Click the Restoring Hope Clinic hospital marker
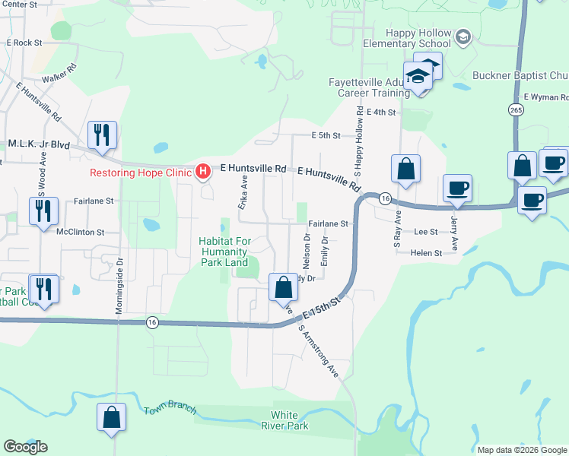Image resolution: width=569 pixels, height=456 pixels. click(x=202, y=172)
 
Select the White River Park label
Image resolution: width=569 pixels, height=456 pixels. click(x=290, y=420)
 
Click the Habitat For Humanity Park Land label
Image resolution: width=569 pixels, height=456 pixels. click(x=234, y=252)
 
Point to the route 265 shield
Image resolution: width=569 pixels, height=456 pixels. click(x=517, y=109)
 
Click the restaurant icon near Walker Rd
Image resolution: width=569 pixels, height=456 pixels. click(x=102, y=135)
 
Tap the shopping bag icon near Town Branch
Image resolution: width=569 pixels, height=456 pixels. click(x=112, y=417)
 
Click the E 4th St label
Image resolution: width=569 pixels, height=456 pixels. click(x=381, y=112)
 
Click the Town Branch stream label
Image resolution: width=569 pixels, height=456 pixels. click(x=170, y=411)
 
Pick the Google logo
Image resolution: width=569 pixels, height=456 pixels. click(x=25, y=446)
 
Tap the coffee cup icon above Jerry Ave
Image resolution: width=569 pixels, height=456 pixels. click(x=457, y=188)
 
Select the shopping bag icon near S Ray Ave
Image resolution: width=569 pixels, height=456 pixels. click(x=405, y=169)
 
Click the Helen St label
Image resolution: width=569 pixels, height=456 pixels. click(x=425, y=253)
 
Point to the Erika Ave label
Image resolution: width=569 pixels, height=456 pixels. click(x=243, y=193)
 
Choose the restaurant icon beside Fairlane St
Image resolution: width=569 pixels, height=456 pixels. click(x=43, y=210)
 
